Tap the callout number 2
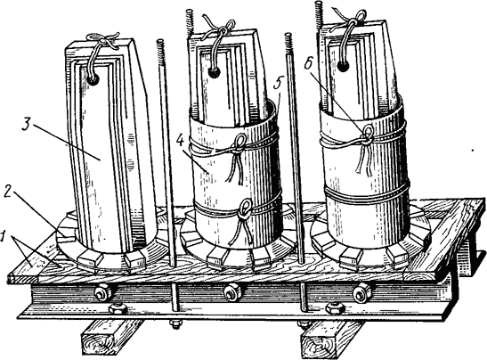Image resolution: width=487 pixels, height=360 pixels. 9,193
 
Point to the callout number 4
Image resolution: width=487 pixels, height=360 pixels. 180,142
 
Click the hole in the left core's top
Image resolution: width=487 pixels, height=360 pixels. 93,80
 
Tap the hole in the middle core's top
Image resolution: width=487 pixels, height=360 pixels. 214,73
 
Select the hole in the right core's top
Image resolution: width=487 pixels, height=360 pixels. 343,66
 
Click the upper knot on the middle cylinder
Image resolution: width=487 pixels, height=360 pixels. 239,143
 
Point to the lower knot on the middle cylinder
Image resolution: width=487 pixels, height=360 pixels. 246,209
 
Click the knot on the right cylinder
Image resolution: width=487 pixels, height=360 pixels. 368,135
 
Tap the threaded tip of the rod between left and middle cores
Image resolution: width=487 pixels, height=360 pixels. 161,52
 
